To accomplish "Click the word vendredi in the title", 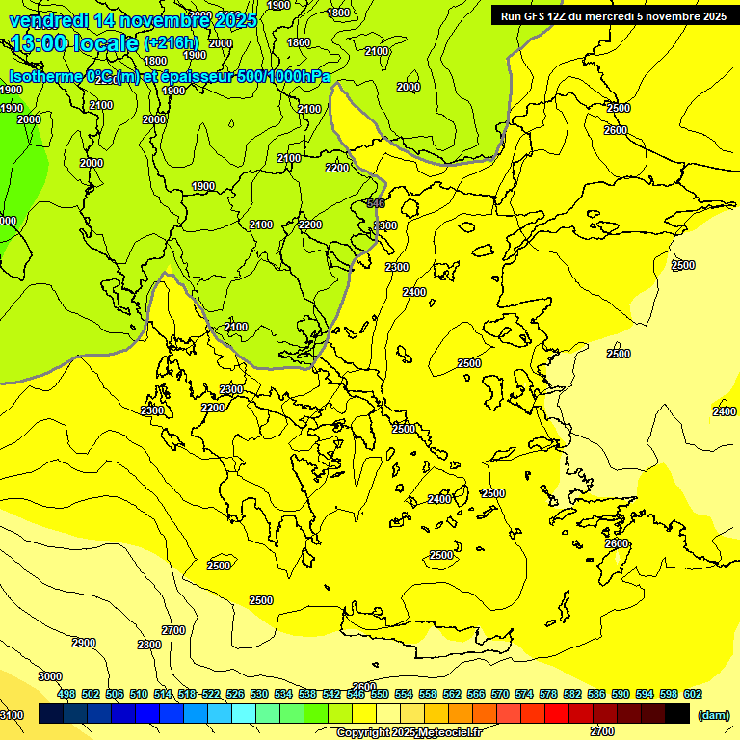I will tap(49, 20).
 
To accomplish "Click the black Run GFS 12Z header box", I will tap(613, 15).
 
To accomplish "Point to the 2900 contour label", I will tap(84, 643).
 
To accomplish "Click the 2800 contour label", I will tap(149, 645).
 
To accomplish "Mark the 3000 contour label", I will tap(50, 676).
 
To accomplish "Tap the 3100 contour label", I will tap(12, 714).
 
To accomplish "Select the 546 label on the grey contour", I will tap(376, 203).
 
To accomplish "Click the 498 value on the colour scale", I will tap(66, 694).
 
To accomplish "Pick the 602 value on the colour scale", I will tap(693, 694).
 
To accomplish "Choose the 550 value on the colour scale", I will tap(380, 694).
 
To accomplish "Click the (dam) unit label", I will tap(713, 715).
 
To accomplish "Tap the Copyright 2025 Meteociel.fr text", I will tap(408, 732).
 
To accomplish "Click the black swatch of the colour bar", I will tap(677, 713).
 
